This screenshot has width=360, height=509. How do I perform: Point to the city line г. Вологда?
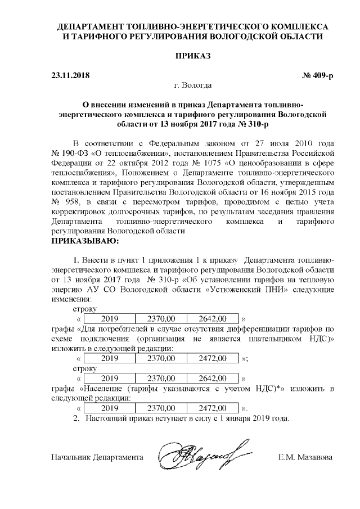193,85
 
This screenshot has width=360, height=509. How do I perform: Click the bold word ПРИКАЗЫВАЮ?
85,242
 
